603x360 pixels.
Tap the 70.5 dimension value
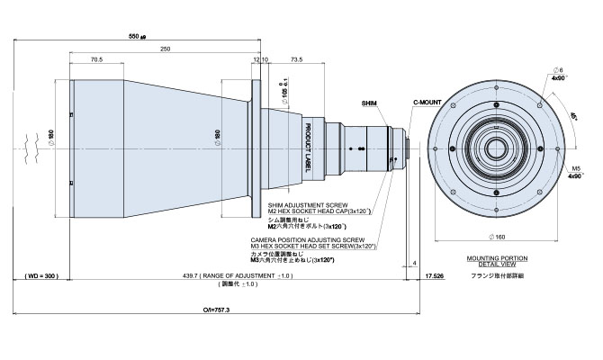[x=96, y=59]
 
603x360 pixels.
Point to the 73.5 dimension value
[x=296, y=59]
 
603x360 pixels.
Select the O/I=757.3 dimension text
[x=219, y=308]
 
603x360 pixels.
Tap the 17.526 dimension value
[x=435, y=275]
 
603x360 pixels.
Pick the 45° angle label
[x=572, y=115]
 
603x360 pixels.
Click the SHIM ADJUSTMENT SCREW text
[x=304, y=206]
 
